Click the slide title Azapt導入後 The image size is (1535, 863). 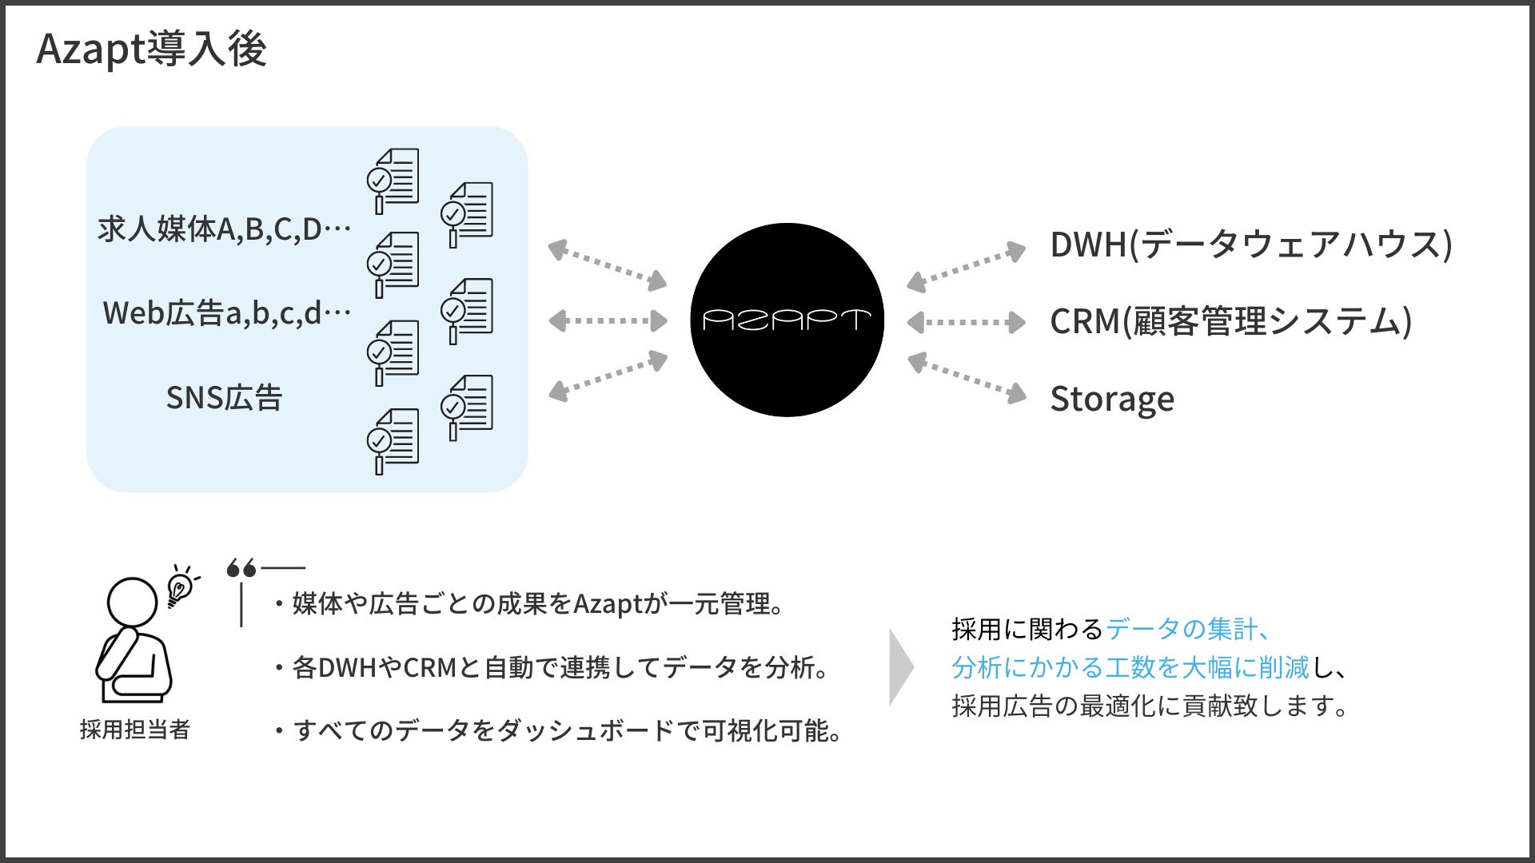tap(152, 50)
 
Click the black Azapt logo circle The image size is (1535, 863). tap(787, 320)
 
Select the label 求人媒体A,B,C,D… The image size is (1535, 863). tap(225, 229)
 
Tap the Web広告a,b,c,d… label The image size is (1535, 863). tap(227, 313)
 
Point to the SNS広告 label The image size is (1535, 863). tap(224, 398)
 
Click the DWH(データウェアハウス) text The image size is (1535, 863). tap(1250, 245)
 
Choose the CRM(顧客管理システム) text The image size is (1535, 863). tap(1230, 321)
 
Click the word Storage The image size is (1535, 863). tap(1112, 399)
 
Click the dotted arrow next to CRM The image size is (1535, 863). tap(966, 322)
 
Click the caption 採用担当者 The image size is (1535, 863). tap(134, 730)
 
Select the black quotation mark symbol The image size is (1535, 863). tap(241, 568)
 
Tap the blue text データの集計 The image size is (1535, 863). tap(1180, 630)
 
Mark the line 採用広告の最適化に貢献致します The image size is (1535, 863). tap(1150, 706)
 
